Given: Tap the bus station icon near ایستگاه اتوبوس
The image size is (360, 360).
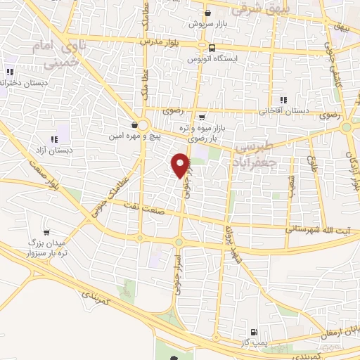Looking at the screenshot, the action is pyautogui.click(x=212, y=48).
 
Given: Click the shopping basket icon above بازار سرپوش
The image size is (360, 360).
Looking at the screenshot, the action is pyautogui.click(x=207, y=13).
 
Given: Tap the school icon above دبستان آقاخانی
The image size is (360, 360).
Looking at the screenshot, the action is pyautogui.click(x=283, y=101).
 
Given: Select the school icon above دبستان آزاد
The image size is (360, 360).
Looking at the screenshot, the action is pyautogui.click(x=56, y=139).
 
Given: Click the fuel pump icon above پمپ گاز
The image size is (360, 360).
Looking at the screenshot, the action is pyautogui.click(x=254, y=332).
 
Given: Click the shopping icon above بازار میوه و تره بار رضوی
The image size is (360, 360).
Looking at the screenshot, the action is pyautogui.click(x=202, y=117).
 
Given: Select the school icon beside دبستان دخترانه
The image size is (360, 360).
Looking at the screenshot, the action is pyautogui.click(x=10, y=72).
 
